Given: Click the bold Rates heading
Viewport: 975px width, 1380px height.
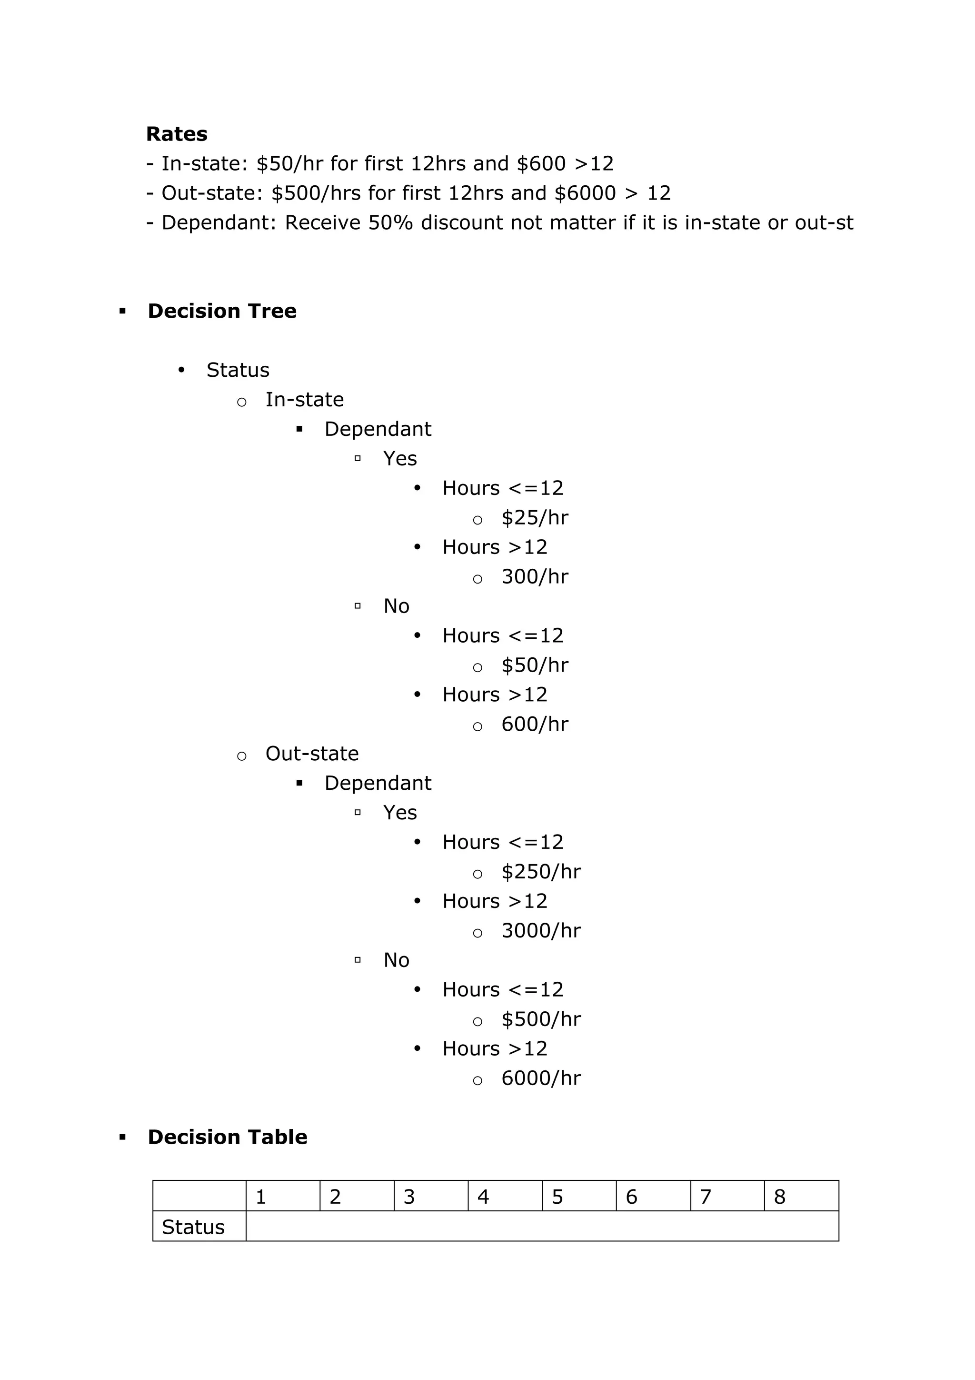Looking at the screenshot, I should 177,134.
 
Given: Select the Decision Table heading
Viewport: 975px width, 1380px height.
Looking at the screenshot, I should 227,1137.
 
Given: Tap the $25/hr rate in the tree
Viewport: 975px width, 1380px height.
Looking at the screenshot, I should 535,517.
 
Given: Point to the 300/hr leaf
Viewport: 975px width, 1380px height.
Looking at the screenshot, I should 535,576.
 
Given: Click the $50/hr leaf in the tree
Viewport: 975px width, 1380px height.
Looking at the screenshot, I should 535,665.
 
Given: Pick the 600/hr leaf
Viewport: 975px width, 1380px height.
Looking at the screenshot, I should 535,724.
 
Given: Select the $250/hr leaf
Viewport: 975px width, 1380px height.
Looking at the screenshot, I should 541,872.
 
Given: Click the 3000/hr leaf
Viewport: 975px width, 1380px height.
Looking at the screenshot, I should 541,930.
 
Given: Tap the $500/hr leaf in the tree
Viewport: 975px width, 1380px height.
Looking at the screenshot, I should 541,1019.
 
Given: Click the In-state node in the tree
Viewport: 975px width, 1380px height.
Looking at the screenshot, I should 305,400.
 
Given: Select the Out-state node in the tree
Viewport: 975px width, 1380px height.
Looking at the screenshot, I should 312,753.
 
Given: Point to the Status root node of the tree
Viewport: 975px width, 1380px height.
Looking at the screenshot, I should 238,370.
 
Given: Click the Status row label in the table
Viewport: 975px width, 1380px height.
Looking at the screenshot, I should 193,1228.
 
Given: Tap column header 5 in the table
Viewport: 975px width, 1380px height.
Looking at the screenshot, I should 557,1197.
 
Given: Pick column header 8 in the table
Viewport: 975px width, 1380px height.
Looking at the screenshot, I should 780,1197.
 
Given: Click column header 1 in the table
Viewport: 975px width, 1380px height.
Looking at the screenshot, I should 261,1197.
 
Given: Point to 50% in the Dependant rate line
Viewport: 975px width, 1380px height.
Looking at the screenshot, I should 390,223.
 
